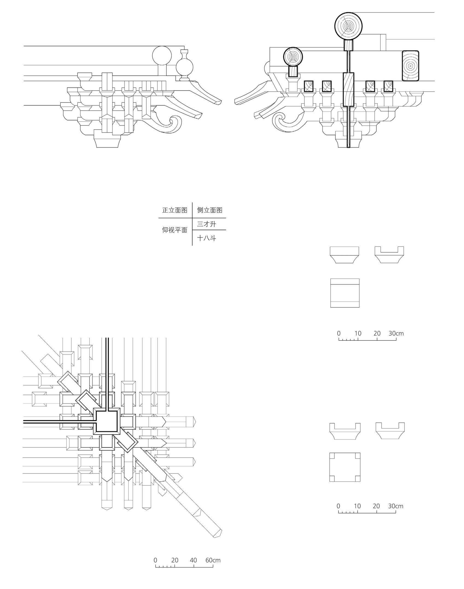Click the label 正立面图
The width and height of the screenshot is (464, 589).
point(174,210)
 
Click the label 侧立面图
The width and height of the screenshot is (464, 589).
point(210,210)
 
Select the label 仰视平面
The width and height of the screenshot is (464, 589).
point(174,230)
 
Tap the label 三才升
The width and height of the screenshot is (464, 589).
point(206,224)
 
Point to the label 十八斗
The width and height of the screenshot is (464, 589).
point(206,238)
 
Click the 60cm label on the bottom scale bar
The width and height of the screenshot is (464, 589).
point(213,560)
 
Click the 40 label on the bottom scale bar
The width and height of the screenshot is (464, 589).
point(193,560)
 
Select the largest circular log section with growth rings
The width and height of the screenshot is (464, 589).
point(348,26)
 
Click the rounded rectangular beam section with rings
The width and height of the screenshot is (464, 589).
point(410,66)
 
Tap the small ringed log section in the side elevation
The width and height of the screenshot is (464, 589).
point(293,57)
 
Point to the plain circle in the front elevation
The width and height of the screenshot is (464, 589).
point(162,56)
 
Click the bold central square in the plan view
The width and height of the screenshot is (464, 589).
point(107,421)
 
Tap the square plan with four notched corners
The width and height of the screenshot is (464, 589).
point(345,467)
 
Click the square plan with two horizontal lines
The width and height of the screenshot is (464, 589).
point(345,293)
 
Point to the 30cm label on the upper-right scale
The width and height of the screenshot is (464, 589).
point(396,333)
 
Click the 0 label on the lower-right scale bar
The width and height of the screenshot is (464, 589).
point(338,506)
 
